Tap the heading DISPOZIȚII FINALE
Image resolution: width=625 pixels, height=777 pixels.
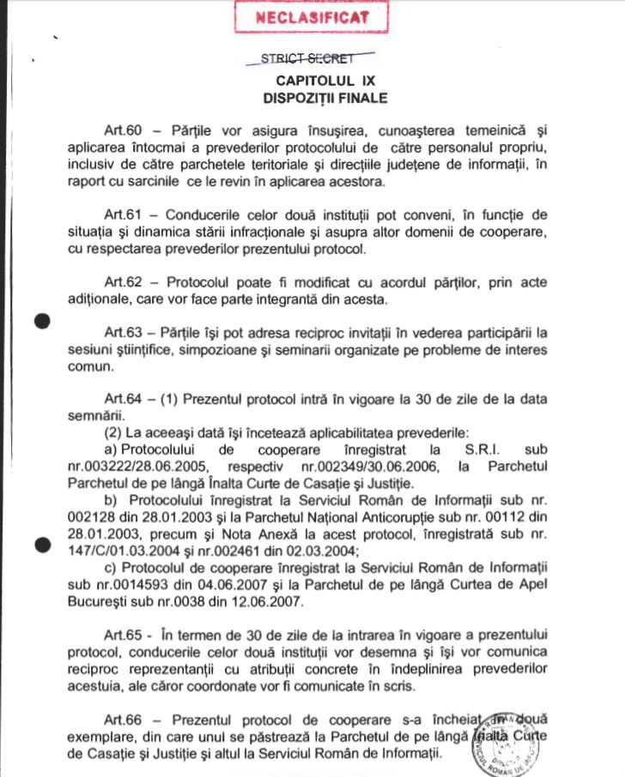(325, 98)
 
